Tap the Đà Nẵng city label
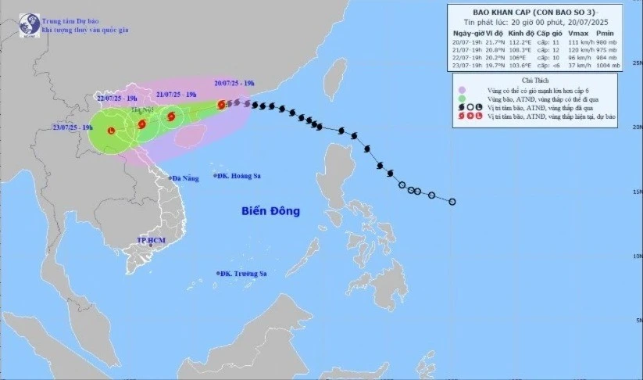[188, 179]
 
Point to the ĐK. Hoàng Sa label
[241, 177]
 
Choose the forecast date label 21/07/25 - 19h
[176, 93]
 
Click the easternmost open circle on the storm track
[452, 202]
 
